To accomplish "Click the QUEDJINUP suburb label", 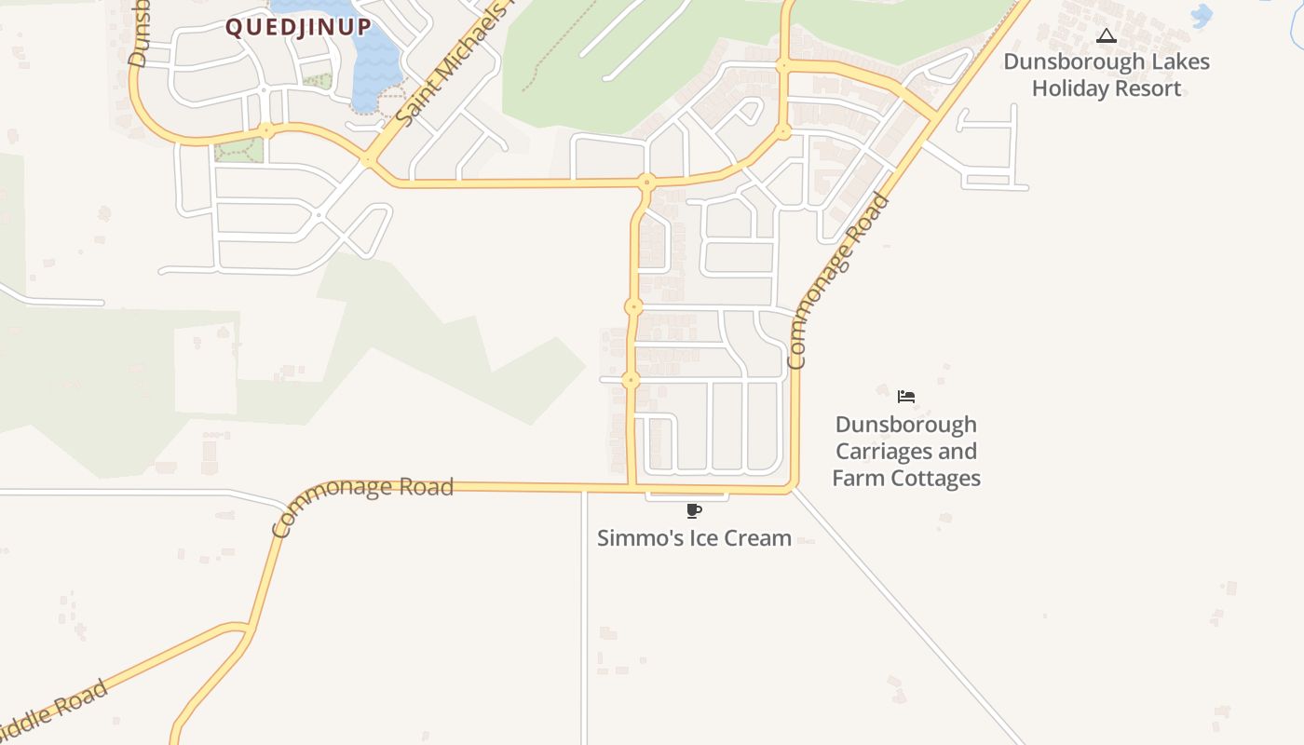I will pos(298,27).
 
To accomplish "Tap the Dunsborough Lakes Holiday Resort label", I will pos(1107,75).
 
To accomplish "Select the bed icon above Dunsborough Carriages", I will pos(906,397).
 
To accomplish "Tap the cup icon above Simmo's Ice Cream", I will pos(693,510).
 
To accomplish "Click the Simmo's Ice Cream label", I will pos(694,538).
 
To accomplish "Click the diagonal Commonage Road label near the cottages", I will pos(837,281).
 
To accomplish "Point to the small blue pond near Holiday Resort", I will pos(1202,15).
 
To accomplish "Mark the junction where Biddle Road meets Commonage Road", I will pos(250,628).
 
